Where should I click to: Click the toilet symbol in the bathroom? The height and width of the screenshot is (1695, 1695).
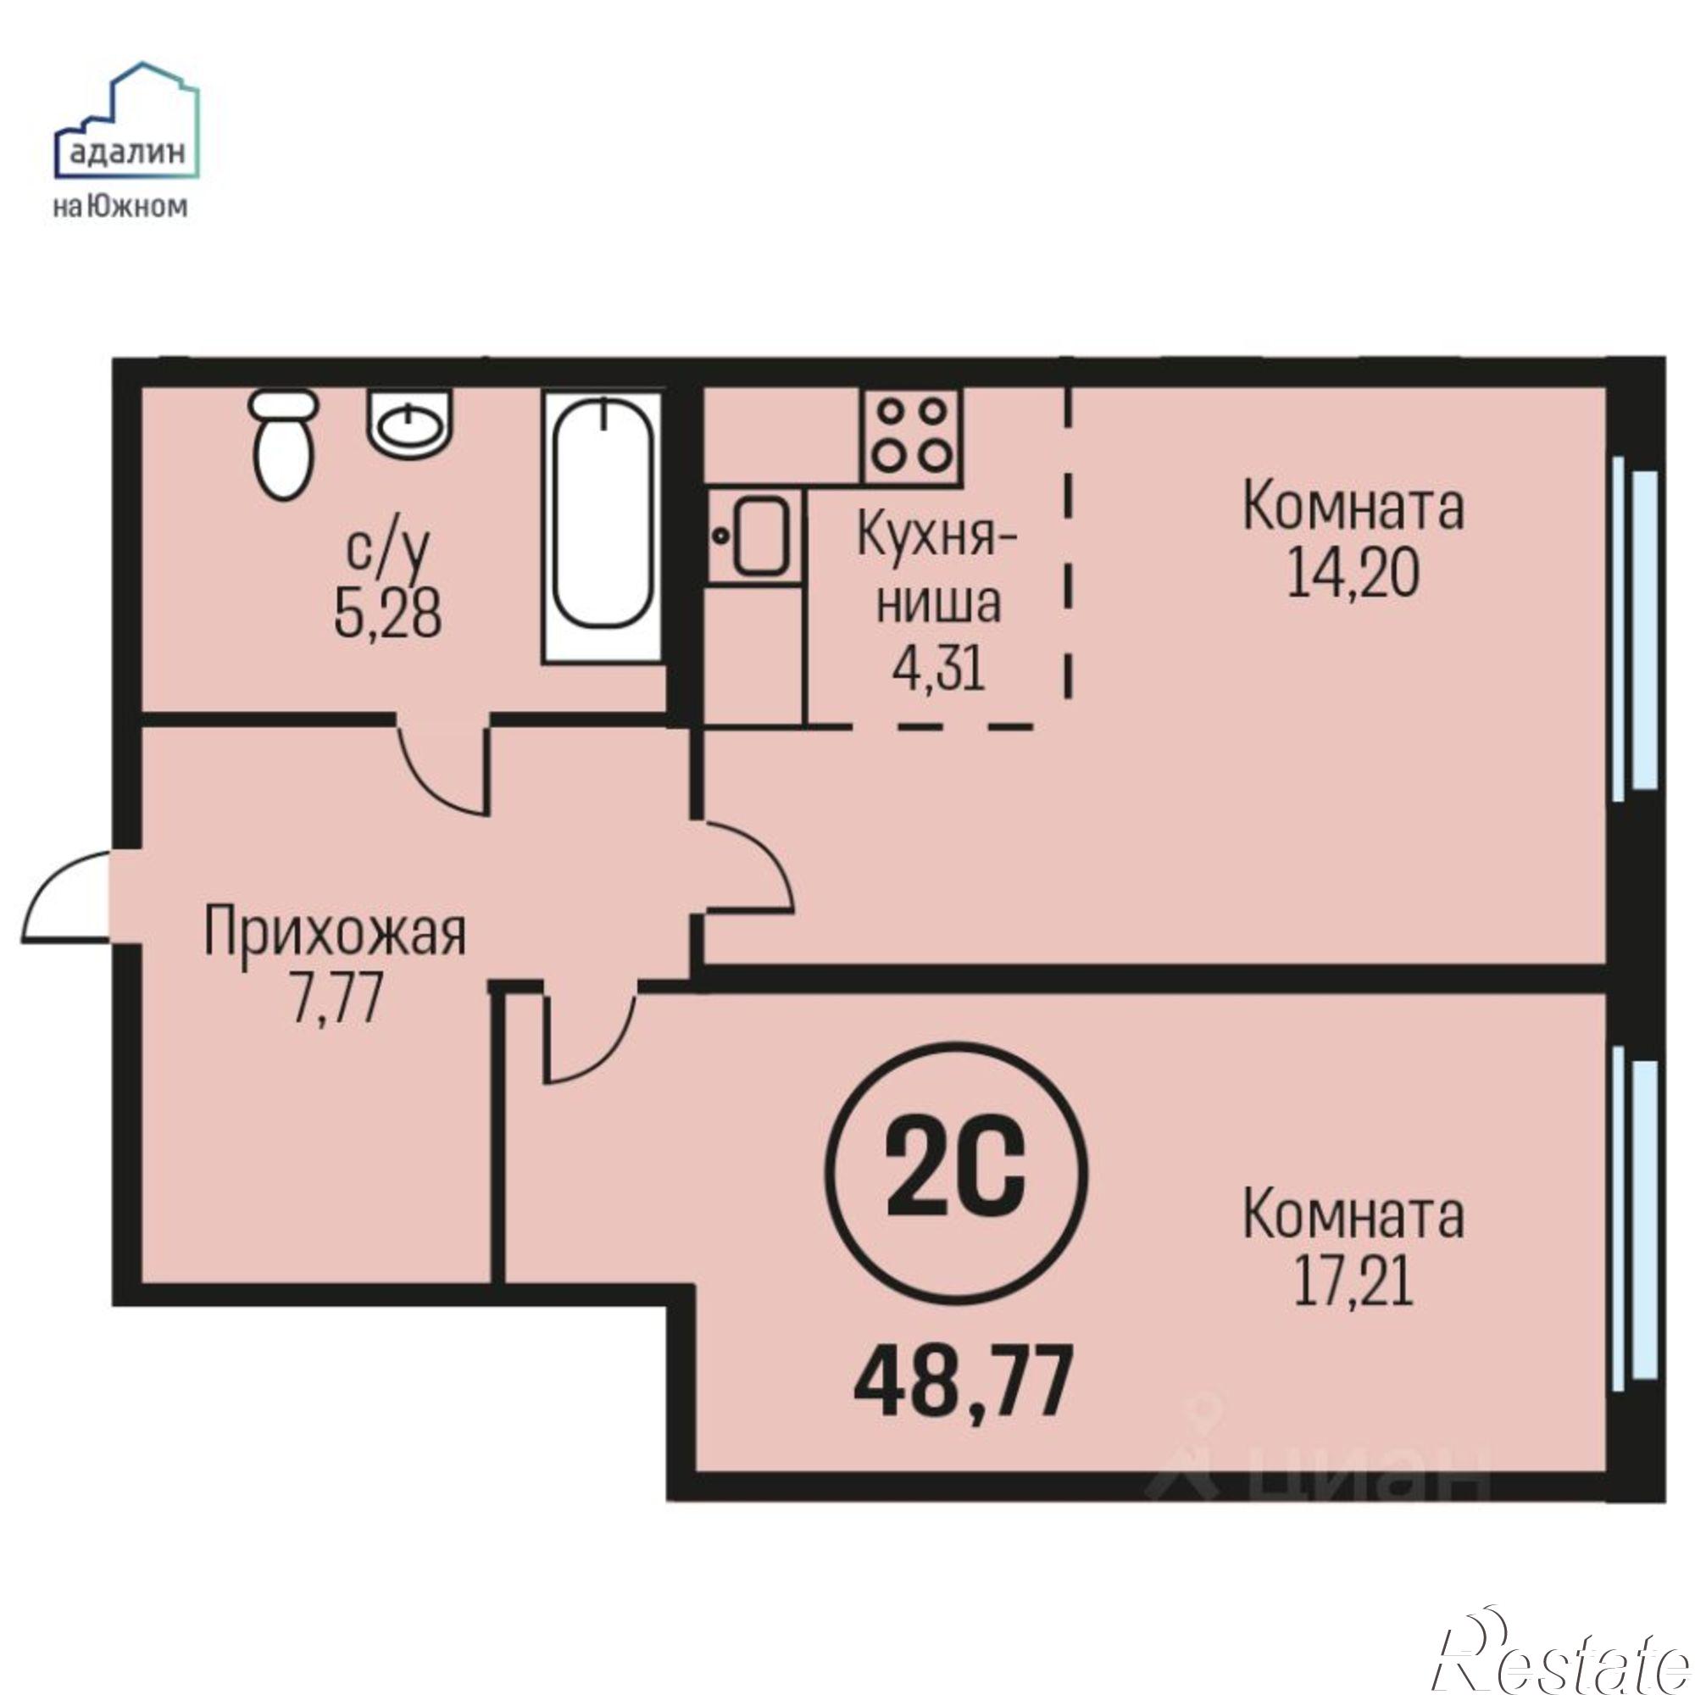point(281,446)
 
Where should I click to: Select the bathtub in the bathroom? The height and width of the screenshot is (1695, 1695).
point(603,526)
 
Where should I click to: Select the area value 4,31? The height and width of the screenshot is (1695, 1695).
point(938,670)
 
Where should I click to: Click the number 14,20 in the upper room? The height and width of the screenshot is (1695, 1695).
point(1352,575)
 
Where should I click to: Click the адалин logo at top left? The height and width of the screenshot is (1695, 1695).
point(126,141)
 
